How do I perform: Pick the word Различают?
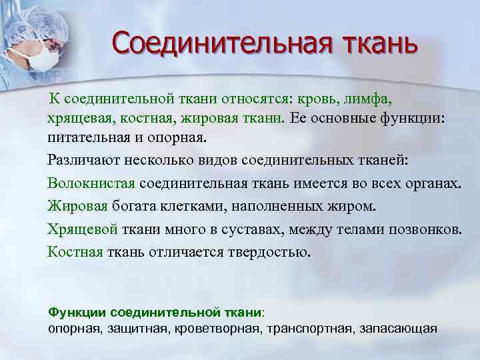83,161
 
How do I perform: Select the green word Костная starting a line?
75,252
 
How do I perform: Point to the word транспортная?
310,328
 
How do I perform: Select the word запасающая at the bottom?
399,328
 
